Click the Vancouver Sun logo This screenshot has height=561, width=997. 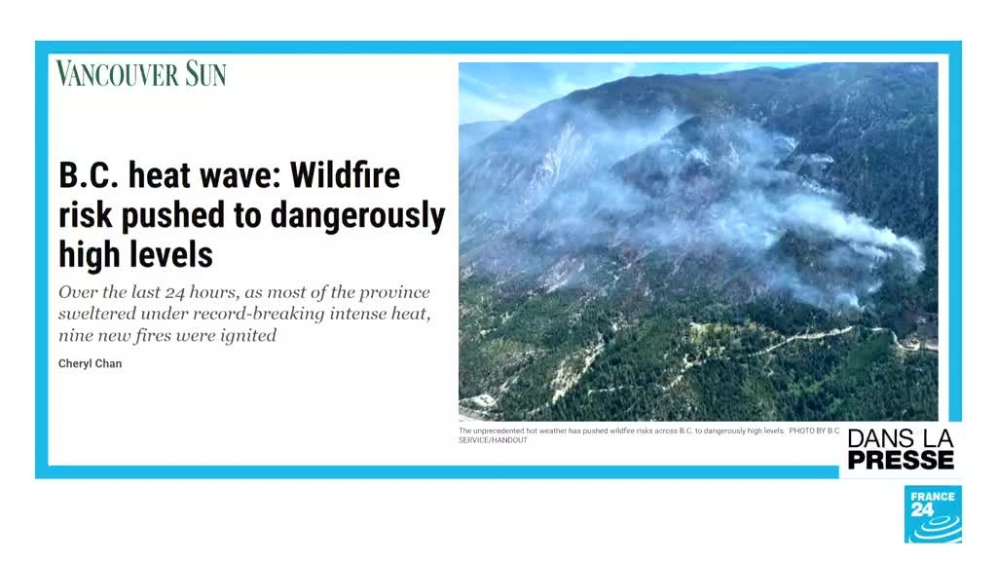(140, 73)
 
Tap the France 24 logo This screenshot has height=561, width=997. (933, 514)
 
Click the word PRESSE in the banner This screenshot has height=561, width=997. (901, 460)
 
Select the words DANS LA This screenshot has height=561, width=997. (901, 438)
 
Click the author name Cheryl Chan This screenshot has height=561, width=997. (90, 364)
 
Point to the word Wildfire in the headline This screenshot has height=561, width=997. (346, 175)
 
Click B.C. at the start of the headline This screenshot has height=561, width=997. (89, 175)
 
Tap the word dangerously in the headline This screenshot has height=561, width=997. (357, 216)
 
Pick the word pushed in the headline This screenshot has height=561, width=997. (173, 216)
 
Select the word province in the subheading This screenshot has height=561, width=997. (394, 292)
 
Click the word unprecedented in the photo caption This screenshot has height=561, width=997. (498, 430)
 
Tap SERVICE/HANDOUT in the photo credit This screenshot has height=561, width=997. (493, 440)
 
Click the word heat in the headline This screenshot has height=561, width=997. (157, 175)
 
